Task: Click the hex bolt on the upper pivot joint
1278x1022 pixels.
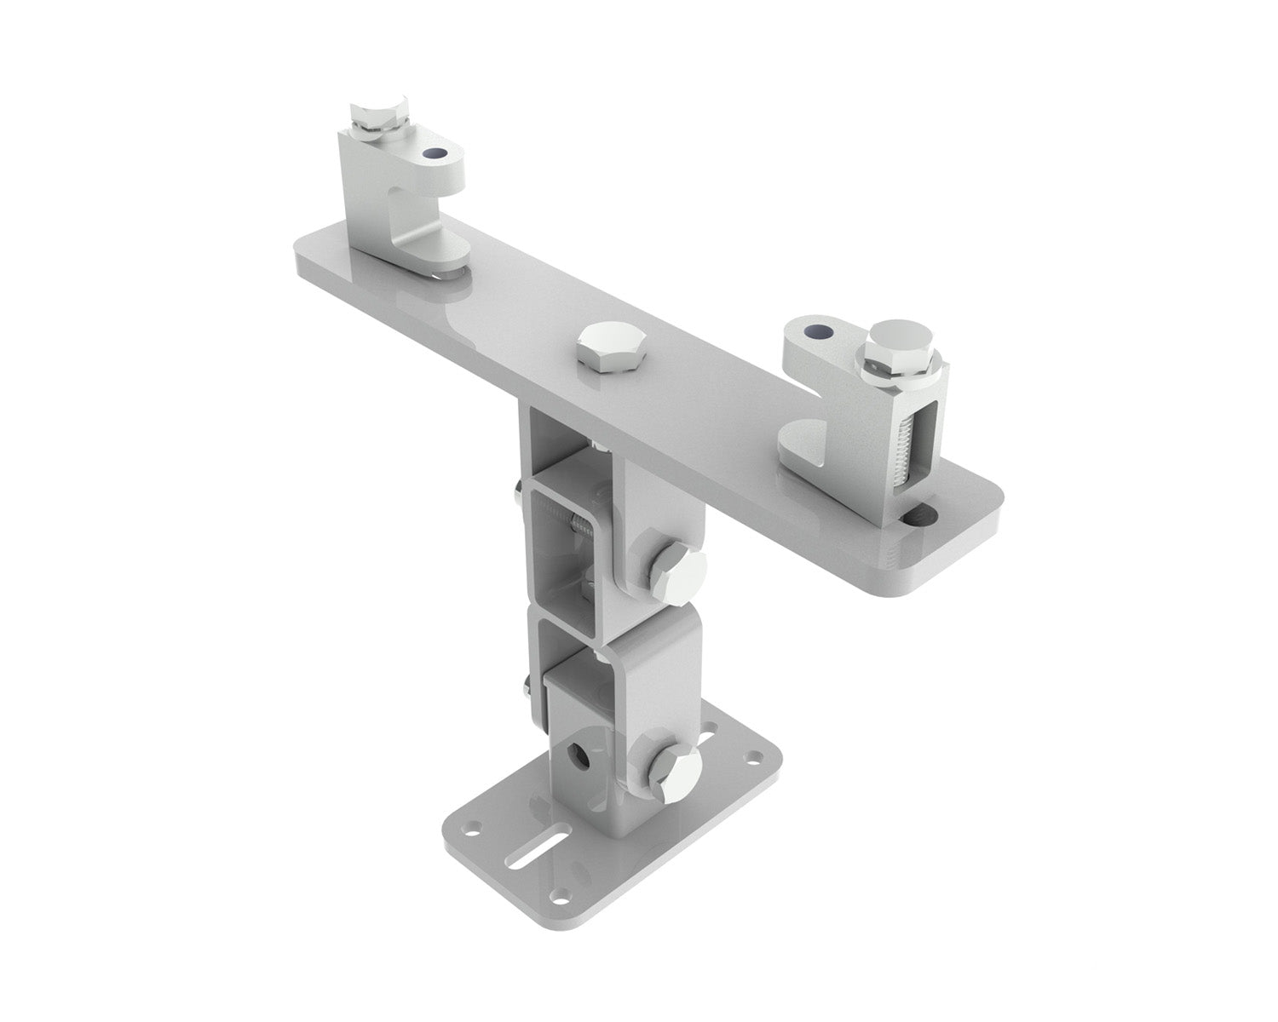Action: point(679,571)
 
